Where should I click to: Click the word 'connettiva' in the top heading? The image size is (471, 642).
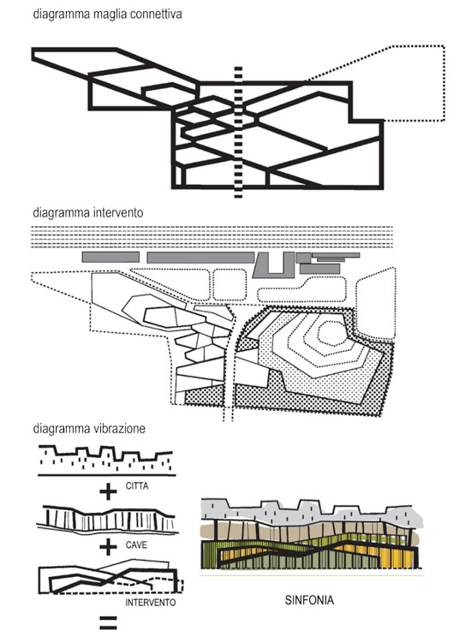[x=156, y=14]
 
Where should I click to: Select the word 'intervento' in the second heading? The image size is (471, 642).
[x=118, y=212]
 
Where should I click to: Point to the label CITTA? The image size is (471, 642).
[x=137, y=486]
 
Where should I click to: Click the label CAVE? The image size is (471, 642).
[x=136, y=545]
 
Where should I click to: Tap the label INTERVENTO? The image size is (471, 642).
[x=151, y=603]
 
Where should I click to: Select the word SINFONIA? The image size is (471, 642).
[x=309, y=600]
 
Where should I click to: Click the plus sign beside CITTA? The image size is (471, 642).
[x=108, y=491]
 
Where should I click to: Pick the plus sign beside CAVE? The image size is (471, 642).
[x=108, y=547]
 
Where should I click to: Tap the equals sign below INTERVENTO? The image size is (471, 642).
[x=108, y=622]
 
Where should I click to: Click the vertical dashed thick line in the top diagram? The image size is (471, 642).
[x=238, y=132]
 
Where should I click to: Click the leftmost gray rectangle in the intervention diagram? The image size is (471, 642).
[x=110, y=257]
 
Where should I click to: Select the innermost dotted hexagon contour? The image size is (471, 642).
[x=332, y=333]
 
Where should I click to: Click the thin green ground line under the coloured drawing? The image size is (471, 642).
[x=312, y=575]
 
